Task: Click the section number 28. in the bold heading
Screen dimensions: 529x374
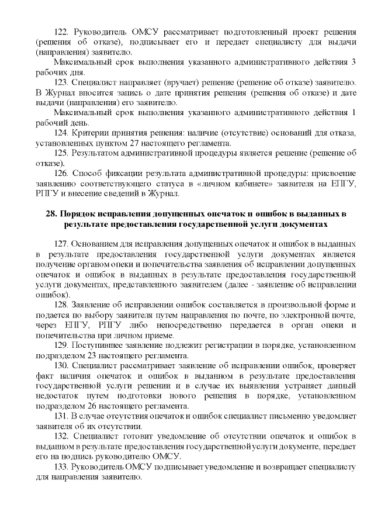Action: point(51,214)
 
